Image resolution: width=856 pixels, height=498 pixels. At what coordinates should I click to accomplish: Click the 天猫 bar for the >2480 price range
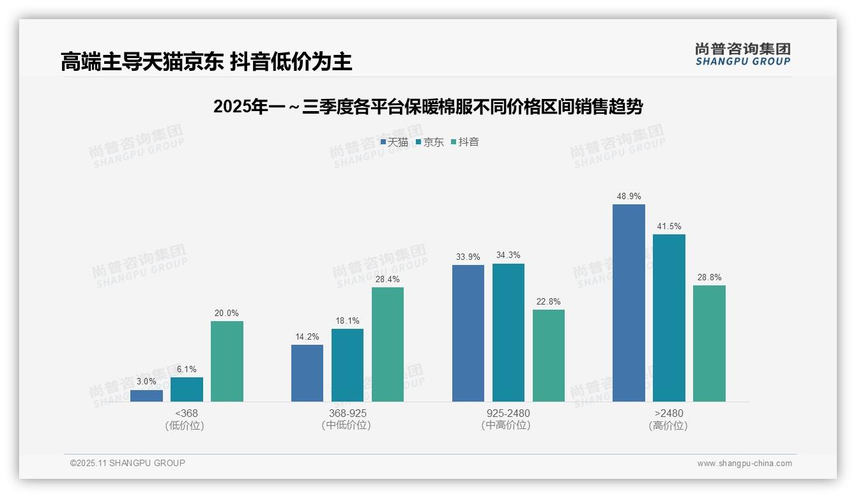[629, 303]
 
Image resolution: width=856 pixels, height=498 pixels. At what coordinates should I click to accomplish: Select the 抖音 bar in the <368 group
[227, 361]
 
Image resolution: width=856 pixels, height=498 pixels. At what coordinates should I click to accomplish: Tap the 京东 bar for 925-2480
[508, 333]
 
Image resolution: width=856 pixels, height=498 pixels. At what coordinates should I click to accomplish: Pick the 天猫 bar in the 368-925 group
[307, 373]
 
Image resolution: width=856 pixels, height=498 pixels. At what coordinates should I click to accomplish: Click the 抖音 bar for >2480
[709, 343]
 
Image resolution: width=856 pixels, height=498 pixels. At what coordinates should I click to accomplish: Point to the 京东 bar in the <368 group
[187, 389]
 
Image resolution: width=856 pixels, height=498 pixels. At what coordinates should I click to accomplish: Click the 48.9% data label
[629, 196]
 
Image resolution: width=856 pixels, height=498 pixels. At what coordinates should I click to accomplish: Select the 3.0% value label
[146, 381]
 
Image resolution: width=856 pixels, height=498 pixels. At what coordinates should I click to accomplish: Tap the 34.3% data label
[508, 255]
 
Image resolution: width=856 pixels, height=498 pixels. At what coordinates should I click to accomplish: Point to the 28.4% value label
[388, 279]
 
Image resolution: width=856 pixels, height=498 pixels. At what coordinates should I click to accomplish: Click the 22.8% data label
[549, 301]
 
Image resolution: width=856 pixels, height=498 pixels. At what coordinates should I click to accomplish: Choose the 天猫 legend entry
[394, 142]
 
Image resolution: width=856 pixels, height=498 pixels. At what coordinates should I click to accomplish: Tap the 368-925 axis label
[348, 413]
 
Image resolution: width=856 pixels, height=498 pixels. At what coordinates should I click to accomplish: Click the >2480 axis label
[669, 413]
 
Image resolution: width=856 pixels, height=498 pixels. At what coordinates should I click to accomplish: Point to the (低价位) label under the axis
[185, 426]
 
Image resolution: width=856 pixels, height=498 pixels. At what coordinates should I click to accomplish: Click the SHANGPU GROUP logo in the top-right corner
[742, 54]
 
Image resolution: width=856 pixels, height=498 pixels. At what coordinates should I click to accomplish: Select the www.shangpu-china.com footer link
[744, 464]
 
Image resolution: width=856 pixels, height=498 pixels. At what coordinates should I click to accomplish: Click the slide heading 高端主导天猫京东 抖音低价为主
[206, 62]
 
